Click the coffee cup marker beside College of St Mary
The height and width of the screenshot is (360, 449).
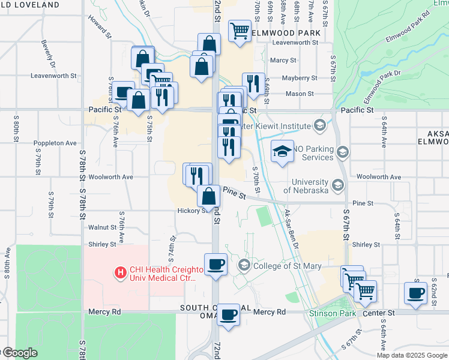coord(215,265)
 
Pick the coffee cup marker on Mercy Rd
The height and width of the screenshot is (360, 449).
coord(228,314)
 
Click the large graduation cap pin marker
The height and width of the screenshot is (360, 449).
coord(282,152)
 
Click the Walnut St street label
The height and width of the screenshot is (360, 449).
coord(102,227)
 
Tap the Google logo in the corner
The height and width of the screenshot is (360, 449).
coord(19,353)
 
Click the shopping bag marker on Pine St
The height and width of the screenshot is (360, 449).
coord(208,196)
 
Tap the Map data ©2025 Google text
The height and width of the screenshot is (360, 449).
coord(412,355)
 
